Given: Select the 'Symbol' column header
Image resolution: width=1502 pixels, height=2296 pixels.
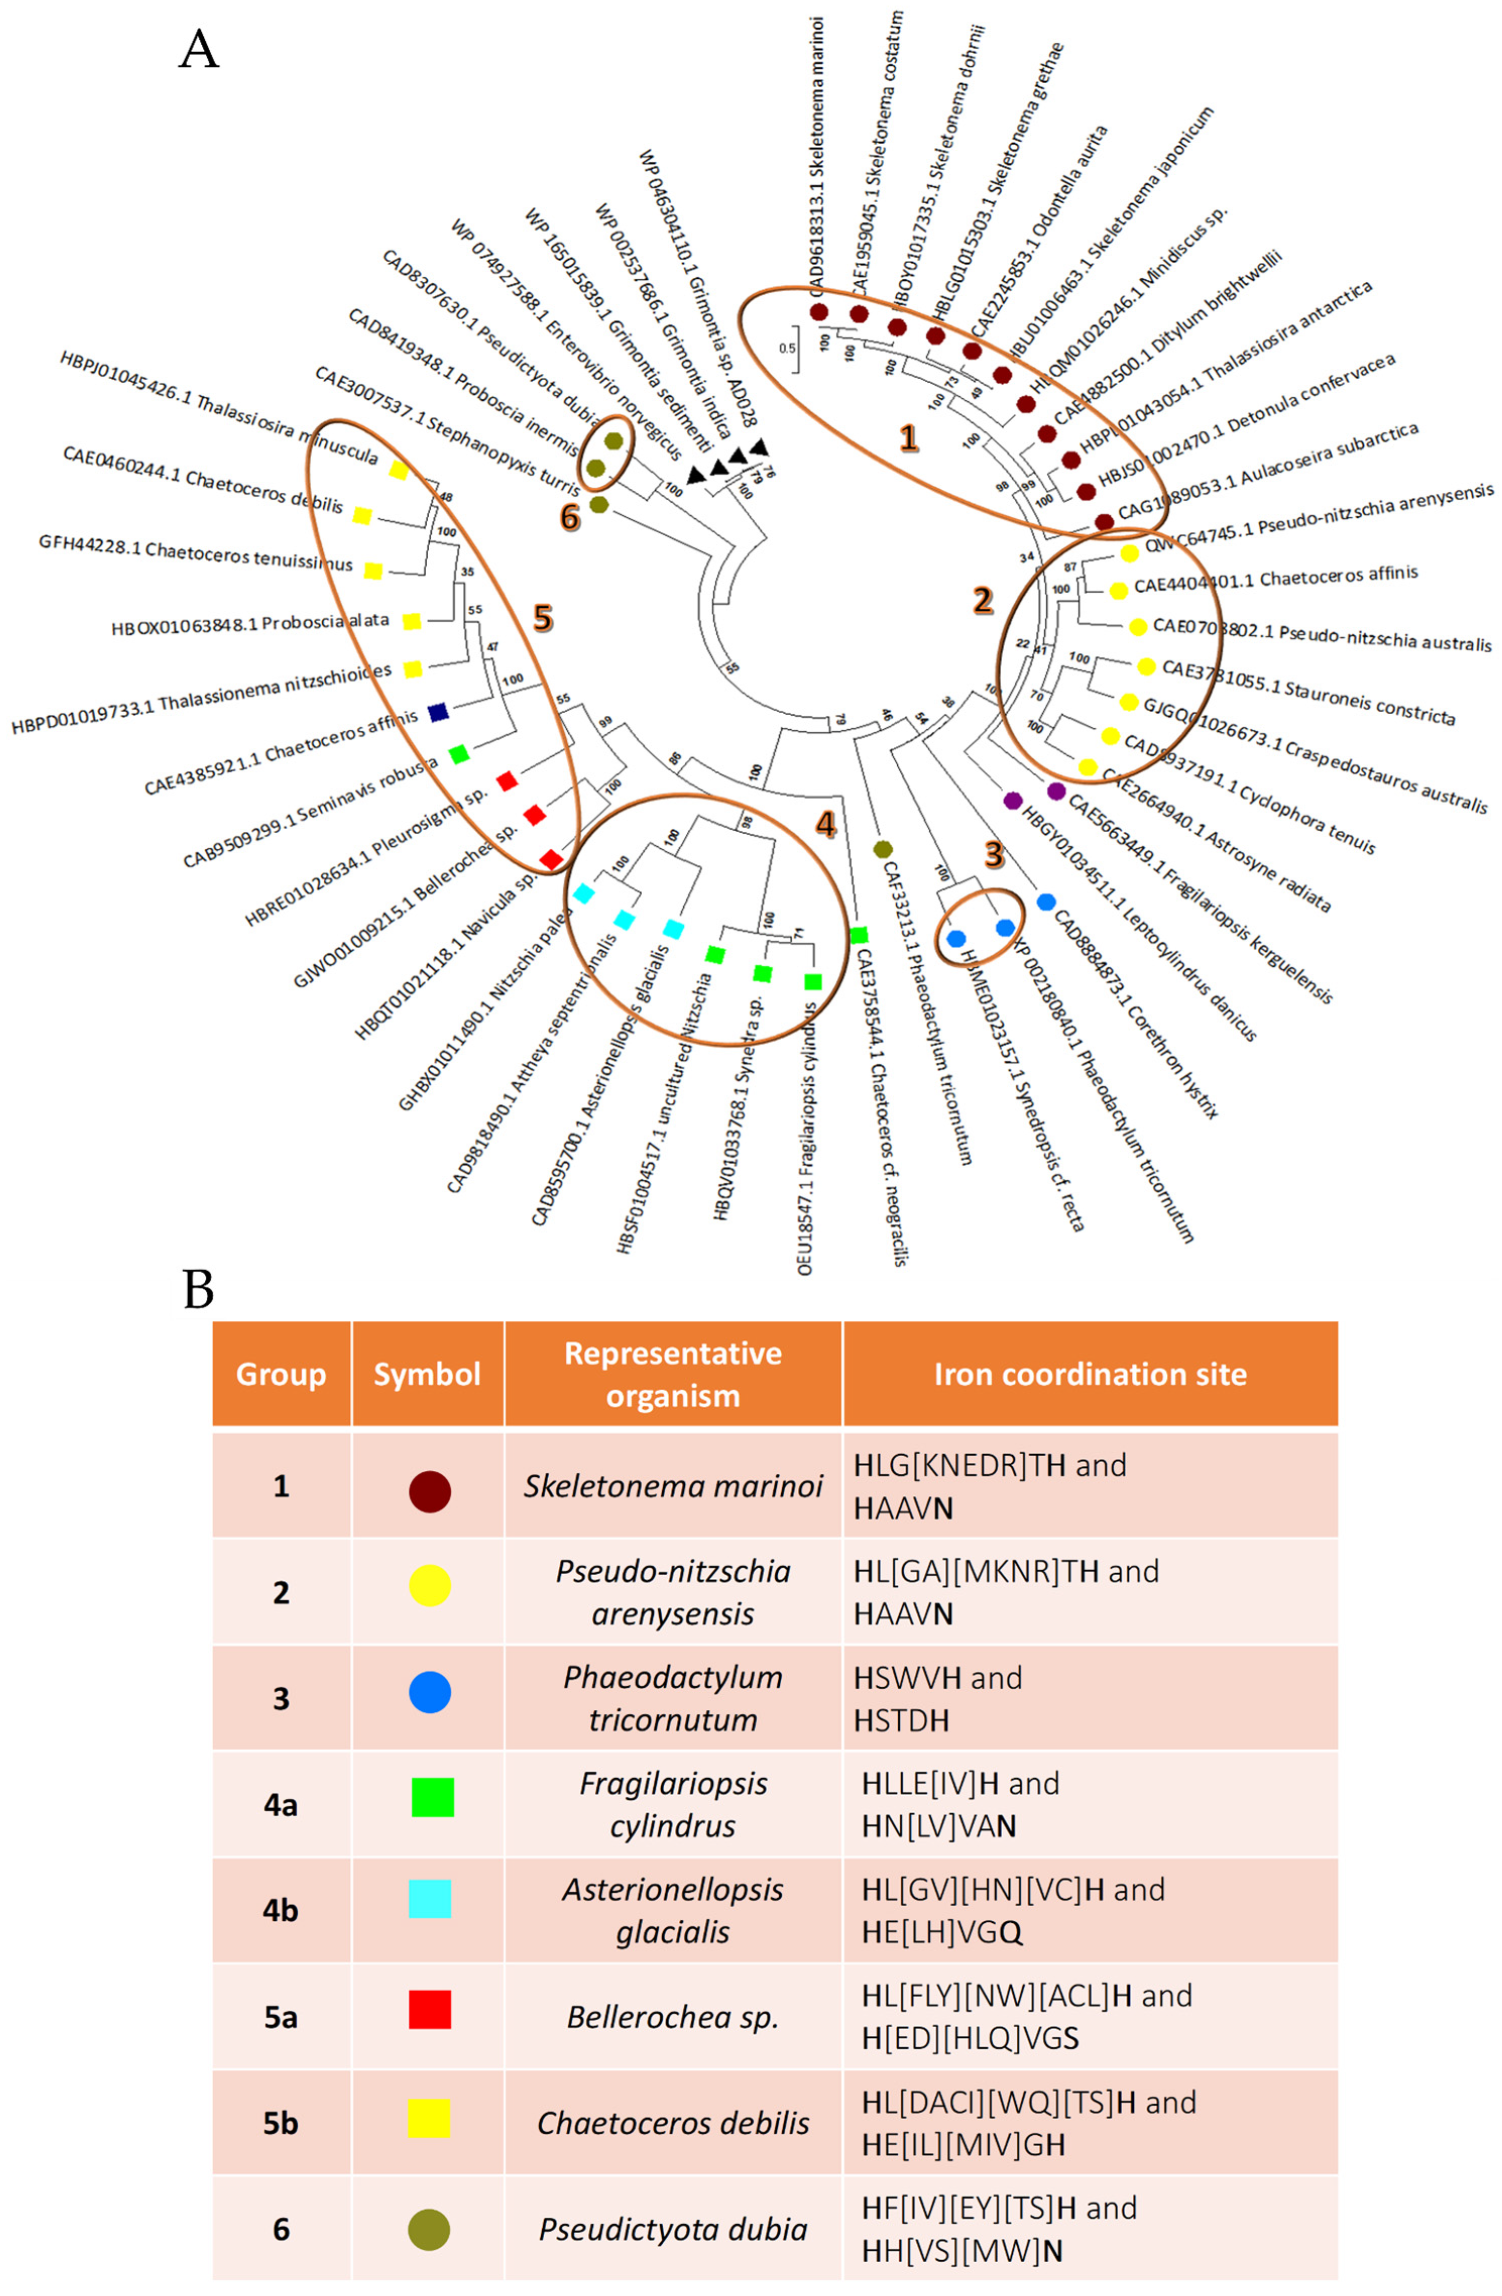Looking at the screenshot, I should (x=427, y=1374).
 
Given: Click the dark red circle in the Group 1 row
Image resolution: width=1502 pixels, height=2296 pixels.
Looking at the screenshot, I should (x=429, y=1490).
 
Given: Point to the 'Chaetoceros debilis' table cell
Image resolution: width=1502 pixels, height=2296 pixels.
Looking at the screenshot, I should (x=672, y=2122).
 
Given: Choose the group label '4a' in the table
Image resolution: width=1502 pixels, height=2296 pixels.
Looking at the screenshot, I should (x=281, y=1804).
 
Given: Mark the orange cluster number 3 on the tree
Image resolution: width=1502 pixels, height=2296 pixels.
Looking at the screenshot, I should (x=993, y=854).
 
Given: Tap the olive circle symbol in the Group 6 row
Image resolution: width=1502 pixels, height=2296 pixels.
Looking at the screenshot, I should (x=429, y=2228).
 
